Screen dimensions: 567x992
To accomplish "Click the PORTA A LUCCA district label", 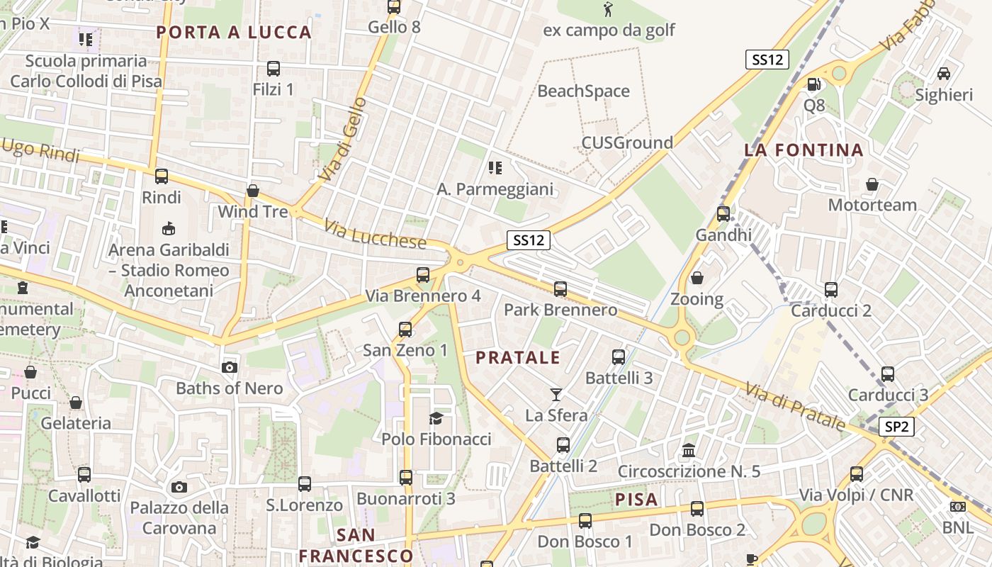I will pyautogui.click(x=234, y=32).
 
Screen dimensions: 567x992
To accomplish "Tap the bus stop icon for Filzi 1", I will pyautogui.click(x=274, y=69).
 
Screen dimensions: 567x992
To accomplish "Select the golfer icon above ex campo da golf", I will pyautogui.click(x=608, y=9).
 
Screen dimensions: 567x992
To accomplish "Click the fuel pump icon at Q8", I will pyautogui.click(x=814, y=84).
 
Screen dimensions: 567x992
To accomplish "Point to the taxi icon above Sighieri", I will pyautogui.click(x=944, y=74).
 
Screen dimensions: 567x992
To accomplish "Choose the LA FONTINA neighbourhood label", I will pyautogui.click(x=804, y=150).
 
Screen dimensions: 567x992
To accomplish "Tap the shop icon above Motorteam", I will pyautogui.click(x=872, y=184).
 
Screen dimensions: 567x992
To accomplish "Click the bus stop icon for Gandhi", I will pyautogui.click(x=723, y=213).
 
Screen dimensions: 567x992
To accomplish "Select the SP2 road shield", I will pyautogui.click(x=896, y=427).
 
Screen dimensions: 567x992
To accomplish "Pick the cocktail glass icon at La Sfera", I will pyautogui.click(x=556, y=394).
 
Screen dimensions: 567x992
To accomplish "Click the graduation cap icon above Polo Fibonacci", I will pyautogui.click(x=436, y=419).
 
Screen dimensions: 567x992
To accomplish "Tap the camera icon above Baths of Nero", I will pyautogui.click(x=229, y=367).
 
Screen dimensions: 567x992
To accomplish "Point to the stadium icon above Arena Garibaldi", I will pyautogui.click(x=169, y=229).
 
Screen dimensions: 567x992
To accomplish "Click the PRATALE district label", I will pyautogui.click(x=518, y=358).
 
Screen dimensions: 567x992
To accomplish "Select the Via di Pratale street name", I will pyautogui.click(x=795, y=406).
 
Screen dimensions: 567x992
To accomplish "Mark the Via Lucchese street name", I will pyautogui.click(x=376, y=235).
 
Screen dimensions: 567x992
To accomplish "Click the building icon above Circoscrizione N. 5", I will pyautogui.click(x=689, y=451).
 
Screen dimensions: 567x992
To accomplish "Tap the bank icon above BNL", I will pyautogui.click(x=958, y=507).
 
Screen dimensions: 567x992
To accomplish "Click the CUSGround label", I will pyautogui.click(x=627, y=143).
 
